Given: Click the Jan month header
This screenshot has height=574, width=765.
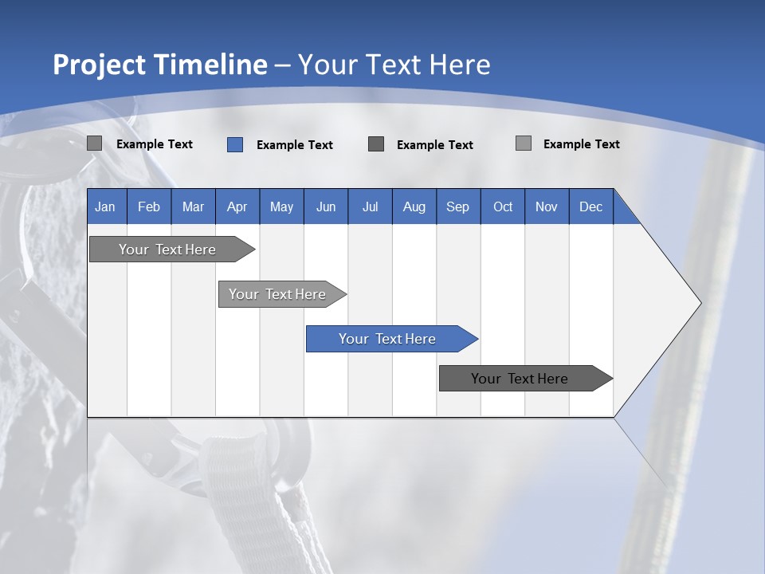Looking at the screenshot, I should (105, 206).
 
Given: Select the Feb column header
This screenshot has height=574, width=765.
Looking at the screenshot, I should (149, 206).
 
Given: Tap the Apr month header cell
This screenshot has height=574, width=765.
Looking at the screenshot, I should (237, 206).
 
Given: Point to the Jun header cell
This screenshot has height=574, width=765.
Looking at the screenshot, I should (326, 206).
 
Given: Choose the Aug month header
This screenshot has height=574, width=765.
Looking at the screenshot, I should (414, 206).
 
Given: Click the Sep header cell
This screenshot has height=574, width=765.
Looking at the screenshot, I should (458, 206).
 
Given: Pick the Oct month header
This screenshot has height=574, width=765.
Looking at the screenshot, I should (503, 206).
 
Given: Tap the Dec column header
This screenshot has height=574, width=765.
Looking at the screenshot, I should (591, 206).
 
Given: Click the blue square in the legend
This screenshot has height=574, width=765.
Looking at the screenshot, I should (235, 144).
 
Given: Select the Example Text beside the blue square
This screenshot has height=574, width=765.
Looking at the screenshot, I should (295, 145).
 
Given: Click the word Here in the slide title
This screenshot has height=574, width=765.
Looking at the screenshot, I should (460, 65).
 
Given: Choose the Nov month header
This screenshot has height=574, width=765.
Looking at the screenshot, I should (547, 206).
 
